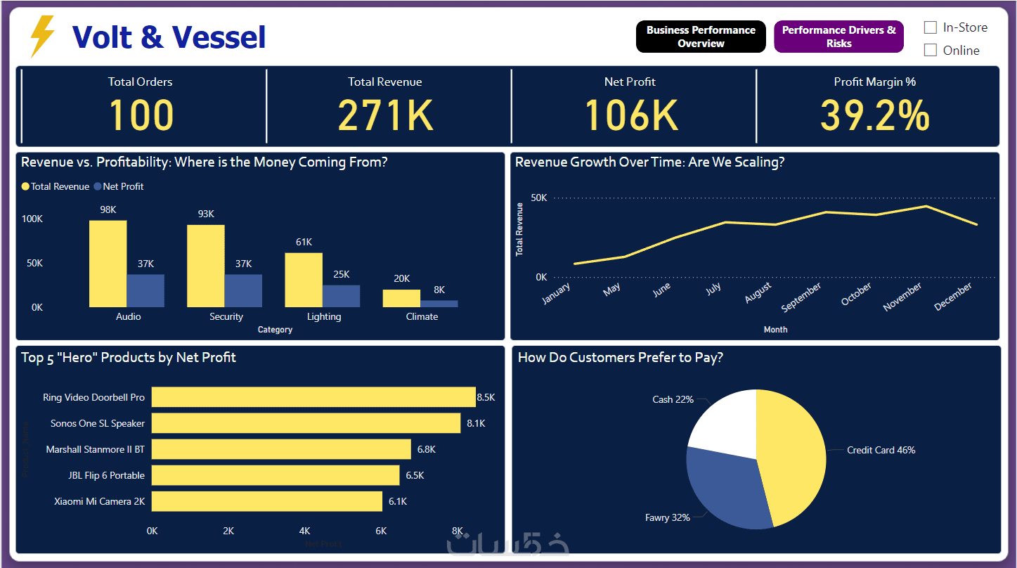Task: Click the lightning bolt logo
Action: [x=42, y=37]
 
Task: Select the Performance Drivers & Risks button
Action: [x=838, y=37]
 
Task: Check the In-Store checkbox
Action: [x=931, y=27]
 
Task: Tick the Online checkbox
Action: [x=931, y=50]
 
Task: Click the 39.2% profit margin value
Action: [x=874, y=116]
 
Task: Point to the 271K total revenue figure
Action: [x=385, y=116]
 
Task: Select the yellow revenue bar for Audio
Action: [x=108, y=264]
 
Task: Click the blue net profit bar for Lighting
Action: [x=342, y=296]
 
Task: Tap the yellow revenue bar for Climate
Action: [x=401, y=298]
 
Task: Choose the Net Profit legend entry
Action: [x=123, y=187]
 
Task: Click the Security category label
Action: [x=226, y=317]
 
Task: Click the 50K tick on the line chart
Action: [x=538, y=198]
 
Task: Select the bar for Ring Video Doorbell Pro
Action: [x=313, y=397]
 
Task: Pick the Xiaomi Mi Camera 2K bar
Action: [x=267, y=501]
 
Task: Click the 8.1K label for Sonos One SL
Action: [x=475, y=423]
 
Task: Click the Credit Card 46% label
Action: [x=881, y=450]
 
